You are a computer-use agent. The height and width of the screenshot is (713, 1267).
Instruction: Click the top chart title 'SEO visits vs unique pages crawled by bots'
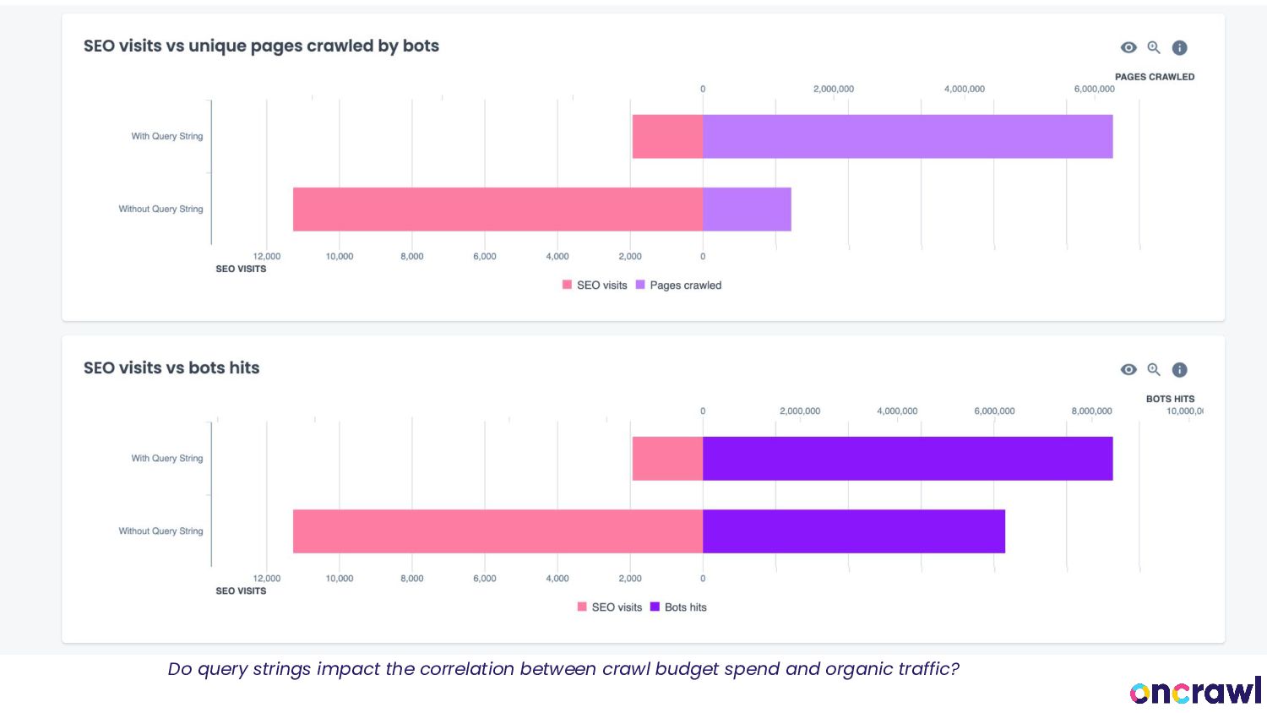pyautogui.click(x=261, y=46)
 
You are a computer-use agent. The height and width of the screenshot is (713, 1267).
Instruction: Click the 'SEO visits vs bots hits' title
pyautogui.click(x=171, y=368)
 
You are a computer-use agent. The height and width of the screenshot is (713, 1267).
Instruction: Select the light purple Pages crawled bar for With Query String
pyautogui.click(x=907, y=137)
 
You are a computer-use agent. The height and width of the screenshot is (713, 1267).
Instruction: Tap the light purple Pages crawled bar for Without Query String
pyautogui.click(x=747, y=210)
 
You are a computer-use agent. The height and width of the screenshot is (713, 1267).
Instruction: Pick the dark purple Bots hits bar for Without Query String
pyautogui.click(x=853, y=531)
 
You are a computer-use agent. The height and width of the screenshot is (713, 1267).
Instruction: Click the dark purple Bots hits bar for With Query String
pyautogui.click(x=907, y=459)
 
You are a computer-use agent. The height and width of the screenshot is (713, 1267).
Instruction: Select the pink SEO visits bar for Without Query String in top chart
pyautogui.click(x=498, y=210)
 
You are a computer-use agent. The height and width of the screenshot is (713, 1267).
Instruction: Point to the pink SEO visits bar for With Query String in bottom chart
pyautogui.click(x=667, y=459)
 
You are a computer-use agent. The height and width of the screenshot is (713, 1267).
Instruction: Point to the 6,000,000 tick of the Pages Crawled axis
pyautogui.click(x=1094, y=90)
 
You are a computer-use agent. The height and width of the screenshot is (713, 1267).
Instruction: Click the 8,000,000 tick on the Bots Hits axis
pyautogui.click(x=1091, y=411)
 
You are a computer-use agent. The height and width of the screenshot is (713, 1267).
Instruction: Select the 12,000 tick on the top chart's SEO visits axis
pyautogui.click(x=267, y=257)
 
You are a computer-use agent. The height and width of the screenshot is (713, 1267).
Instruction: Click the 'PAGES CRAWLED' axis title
pyautogui.click(x=1154, y=77)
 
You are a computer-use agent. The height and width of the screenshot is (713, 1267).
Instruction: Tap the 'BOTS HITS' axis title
pyautogui.click(x=1170, y=399)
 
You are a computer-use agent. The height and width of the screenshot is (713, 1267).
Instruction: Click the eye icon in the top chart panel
pyautogui.click(x=1128, y=48)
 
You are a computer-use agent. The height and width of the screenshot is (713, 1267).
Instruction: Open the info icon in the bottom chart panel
pyautogui.click(x=1180, y=370)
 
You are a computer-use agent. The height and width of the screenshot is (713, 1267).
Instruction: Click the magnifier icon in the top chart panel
pyautogui.click(x=1154, y=48)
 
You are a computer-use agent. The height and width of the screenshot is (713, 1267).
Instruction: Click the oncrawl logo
pyautogui.click(x=1195, y=691)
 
